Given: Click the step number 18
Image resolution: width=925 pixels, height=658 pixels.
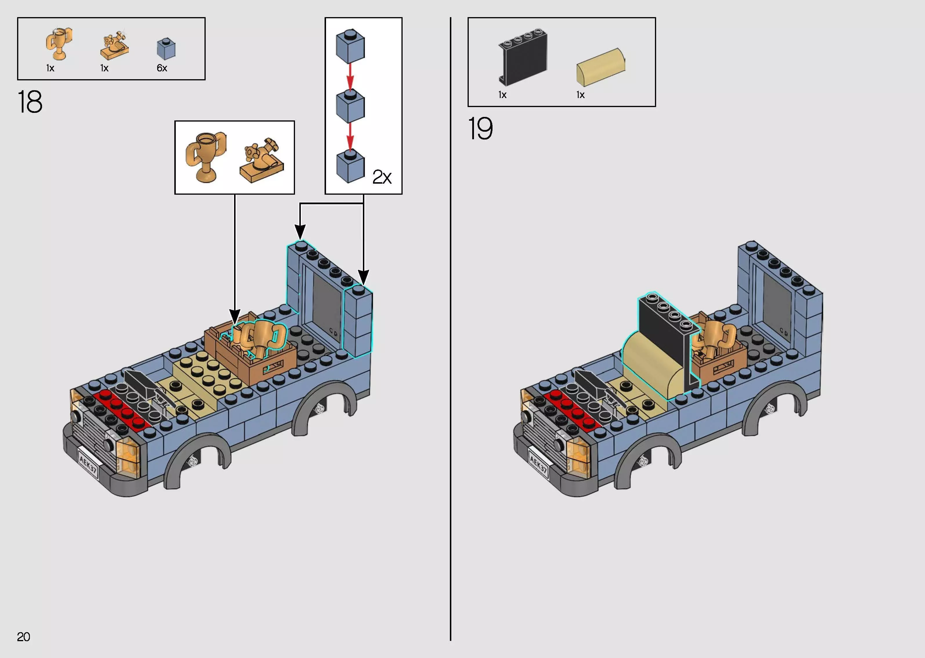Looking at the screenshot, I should pos(30,102).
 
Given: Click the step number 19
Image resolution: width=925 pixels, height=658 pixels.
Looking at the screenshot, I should pos(480,129).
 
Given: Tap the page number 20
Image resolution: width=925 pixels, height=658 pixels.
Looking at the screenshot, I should pos(23,637).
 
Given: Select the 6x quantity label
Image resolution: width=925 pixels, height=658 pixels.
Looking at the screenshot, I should pos(162,68).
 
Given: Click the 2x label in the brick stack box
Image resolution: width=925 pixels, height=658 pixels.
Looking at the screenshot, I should pos(382,177).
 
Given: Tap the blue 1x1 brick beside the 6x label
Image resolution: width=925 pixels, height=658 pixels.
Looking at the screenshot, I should pos(166,49).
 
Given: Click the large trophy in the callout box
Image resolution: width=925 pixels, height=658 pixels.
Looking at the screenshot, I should pos(205,156).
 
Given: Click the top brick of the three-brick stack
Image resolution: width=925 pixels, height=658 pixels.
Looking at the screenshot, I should pos(350,46).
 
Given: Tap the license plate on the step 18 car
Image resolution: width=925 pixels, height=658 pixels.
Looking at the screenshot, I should pos(88,462).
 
